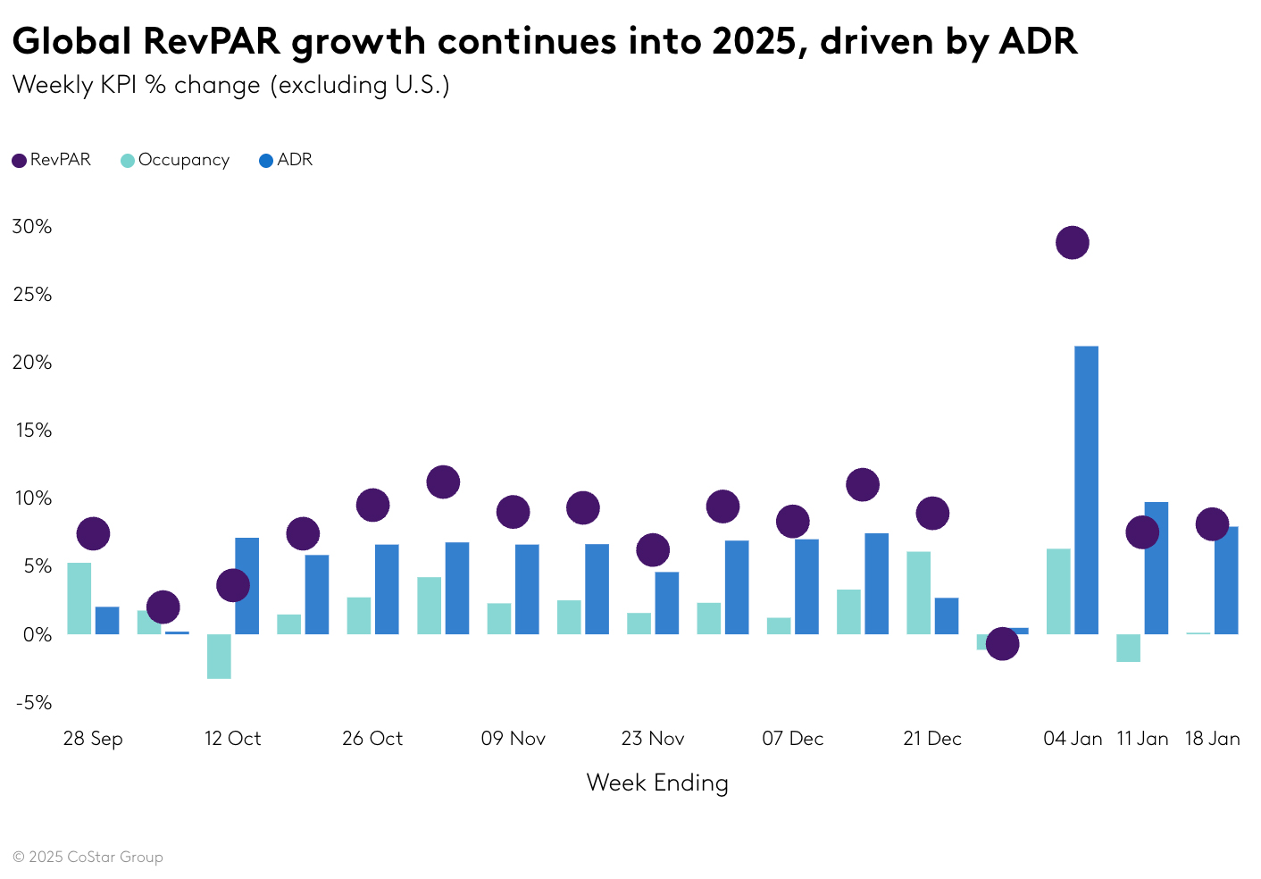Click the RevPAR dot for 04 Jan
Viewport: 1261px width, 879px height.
tap(1072, 242)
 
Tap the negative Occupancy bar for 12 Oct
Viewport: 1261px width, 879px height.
tap(219, 657)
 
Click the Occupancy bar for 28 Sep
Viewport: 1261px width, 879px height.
tap(79, 599)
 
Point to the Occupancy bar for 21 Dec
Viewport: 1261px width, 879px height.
tap(918, 593)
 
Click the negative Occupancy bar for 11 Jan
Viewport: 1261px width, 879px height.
tap(1128, 648)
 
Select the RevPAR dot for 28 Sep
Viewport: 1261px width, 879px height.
tap(93, 534)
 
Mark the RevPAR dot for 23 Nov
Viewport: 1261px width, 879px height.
tap(653, 549)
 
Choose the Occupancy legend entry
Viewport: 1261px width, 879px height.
tap(175, 161)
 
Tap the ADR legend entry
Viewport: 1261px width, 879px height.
tap(286, 161)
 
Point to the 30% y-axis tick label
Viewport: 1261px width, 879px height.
tap(32, 227)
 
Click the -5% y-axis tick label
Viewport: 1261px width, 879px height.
tap(34, 703)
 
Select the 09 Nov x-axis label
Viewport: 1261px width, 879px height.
tap(513, 739)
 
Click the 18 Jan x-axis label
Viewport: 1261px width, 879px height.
tap(1212, 739)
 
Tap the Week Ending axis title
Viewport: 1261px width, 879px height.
tap(657, 783)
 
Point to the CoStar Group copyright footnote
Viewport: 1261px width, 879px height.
tap(88, 858)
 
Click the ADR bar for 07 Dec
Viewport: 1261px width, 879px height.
tap(806, 587)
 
